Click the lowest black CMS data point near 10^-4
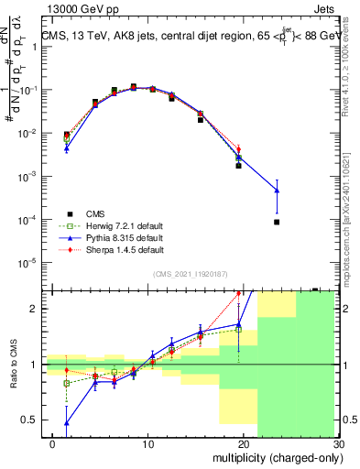point(276,222)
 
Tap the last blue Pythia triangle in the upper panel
point(276,191)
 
